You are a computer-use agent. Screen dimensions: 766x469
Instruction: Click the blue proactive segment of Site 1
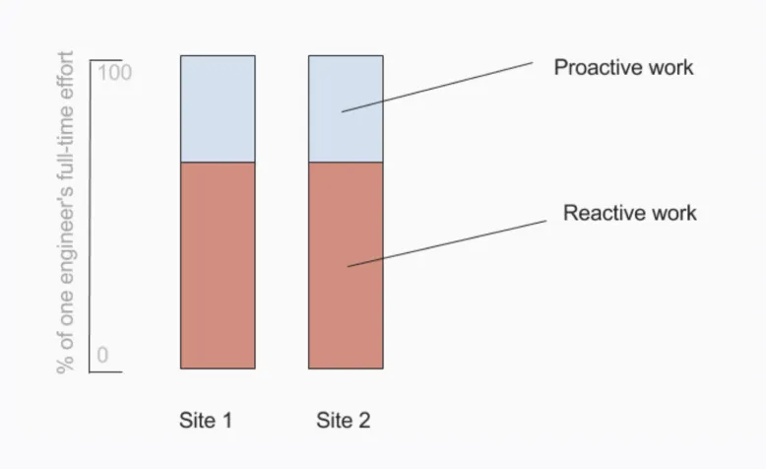218,108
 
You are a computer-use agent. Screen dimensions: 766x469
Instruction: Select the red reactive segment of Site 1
218,266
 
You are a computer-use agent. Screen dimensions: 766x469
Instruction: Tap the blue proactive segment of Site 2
346,108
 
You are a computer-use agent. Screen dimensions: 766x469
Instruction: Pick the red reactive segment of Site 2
346,266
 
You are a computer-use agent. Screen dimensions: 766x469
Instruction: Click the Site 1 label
206,420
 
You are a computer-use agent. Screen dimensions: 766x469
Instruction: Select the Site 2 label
344,420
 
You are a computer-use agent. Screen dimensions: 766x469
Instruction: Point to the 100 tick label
115,72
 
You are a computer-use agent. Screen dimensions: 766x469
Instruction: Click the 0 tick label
102,355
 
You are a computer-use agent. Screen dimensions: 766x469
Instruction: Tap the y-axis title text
65,212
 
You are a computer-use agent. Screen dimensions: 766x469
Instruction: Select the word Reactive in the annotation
605,213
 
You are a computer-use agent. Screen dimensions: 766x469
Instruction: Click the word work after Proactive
671,67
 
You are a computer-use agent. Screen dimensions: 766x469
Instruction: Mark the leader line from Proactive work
437,87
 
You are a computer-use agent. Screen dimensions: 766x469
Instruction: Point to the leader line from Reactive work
447,243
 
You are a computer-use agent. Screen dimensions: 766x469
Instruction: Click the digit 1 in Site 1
226,420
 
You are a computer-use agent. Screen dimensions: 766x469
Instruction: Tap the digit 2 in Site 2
364,420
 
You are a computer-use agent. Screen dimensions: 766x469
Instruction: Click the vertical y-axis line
91,216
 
